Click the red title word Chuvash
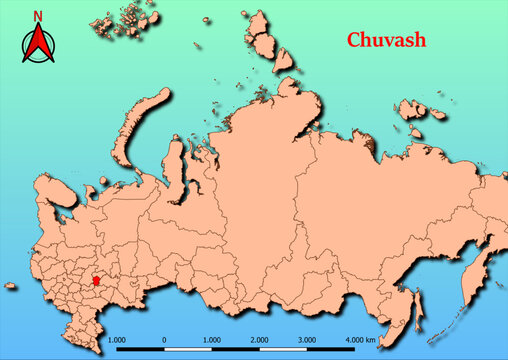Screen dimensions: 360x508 point(387,41)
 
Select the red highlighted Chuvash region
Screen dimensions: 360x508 point(96,283)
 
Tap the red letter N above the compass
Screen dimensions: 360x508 point(38,15)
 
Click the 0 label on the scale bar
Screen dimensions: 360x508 point(164,341)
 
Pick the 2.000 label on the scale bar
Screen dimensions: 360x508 point(259,341)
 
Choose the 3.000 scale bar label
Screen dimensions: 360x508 point(307,341)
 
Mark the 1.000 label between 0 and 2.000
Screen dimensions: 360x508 point(211,341)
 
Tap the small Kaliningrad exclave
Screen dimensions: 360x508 point(10,286)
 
